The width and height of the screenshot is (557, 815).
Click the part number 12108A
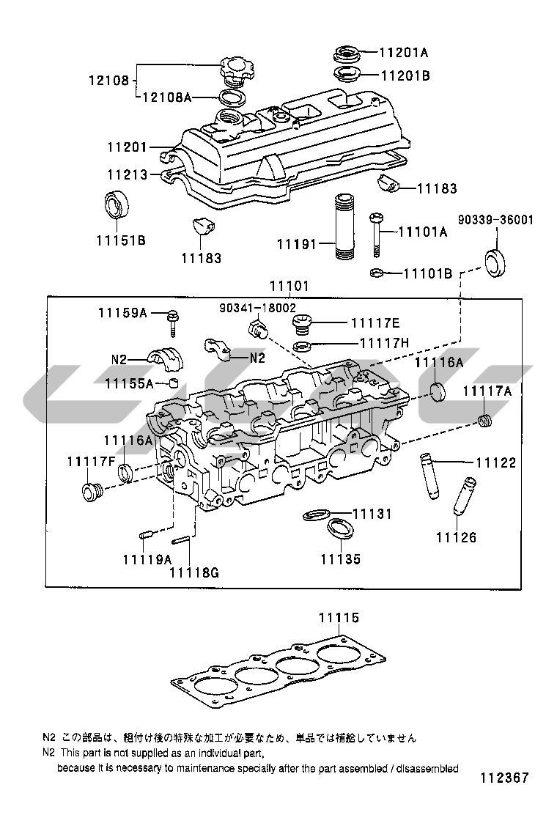tap(166, 97)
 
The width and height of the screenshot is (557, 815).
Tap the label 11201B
tap(405, 75)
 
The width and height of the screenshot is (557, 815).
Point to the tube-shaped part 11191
tap(343, 227)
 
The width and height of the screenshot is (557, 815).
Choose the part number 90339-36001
tap(496, 219)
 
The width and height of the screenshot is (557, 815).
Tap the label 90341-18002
tap(257, 309)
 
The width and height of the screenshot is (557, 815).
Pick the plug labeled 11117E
tap(303, 324)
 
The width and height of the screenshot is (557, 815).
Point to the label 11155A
tap(128, 383)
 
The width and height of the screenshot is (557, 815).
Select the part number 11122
tap(495, 463)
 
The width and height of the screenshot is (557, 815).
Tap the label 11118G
tap(194, 572)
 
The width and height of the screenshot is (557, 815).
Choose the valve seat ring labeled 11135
tap(339, 530)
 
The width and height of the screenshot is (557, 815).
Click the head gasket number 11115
tap(339, 619)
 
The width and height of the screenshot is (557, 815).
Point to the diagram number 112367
tap(504, 778)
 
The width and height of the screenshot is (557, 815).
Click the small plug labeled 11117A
tap(484, 421)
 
